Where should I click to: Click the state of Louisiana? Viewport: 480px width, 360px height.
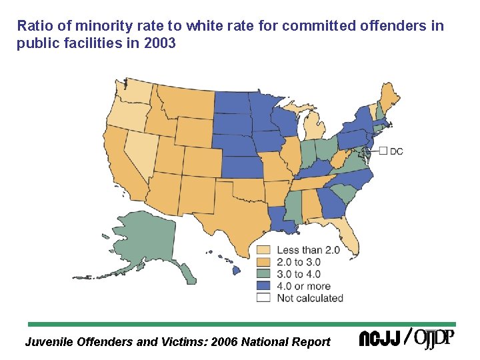[x=283, y=220]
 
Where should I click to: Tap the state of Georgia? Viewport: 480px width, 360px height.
[x=331, y=204]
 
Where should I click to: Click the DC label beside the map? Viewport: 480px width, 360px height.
[x=396, y=151]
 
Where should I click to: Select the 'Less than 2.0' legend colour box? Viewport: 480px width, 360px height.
[x=263, y=250]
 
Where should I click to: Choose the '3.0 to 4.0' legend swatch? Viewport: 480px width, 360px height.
[x=263, y=274]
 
